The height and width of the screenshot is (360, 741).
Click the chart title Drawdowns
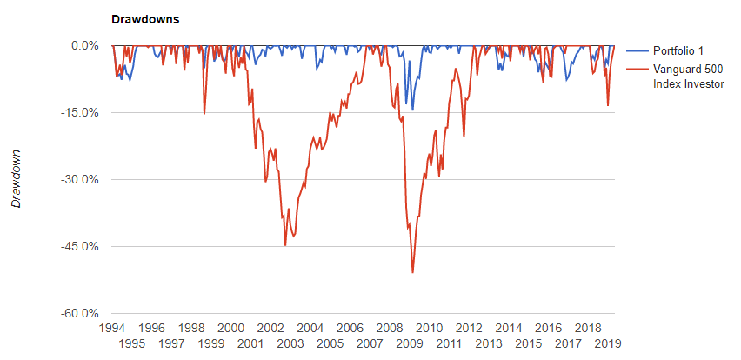point(143,19)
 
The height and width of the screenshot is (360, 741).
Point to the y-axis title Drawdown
point(16,177)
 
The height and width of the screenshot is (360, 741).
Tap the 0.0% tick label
point(85,45)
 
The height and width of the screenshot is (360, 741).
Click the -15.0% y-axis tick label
point(83,112)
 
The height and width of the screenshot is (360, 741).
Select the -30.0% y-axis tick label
point(83,180)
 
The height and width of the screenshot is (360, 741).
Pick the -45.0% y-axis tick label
point(83,247)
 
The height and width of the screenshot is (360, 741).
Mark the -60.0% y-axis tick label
point(83,314)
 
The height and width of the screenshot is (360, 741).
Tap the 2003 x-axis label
point(290,344)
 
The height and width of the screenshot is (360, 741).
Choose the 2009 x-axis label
point(410,344)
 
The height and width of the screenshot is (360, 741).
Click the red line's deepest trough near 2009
point(412,272)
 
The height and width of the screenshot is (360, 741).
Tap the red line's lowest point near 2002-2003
point(285,245)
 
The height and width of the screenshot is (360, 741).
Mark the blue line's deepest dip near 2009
point(412,110)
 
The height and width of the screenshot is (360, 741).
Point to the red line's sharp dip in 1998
point(204,113)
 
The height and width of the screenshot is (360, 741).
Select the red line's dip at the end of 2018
point(608,105)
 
